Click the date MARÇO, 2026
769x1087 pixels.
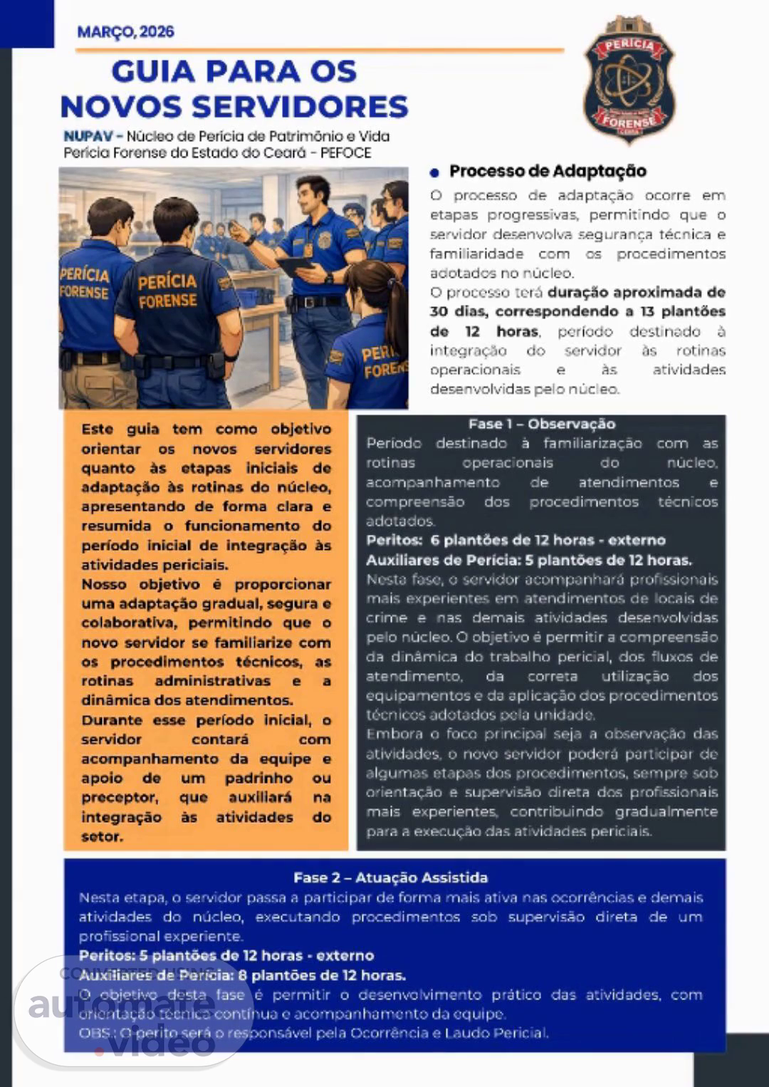click(x=125, y=32)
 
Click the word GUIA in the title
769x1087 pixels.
click(x=152, y=72)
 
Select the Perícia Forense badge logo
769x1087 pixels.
click(x=629, y=80)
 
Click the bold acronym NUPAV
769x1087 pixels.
click(x=84, y=136)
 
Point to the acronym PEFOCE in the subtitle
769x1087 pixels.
click(x=345, y=153)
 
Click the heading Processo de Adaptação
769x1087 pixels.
click(x=548, y=171)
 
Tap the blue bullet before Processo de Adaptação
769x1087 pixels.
click(x=434, y=172)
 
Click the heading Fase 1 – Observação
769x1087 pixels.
click(x=541, y=424)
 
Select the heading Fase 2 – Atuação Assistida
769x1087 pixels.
click(x=390, y=878)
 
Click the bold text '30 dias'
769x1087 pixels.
click(x=459, y=312)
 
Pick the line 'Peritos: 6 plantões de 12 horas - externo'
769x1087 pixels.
click(x=516, y=541)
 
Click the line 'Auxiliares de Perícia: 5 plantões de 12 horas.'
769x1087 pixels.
click(x=528, y=560)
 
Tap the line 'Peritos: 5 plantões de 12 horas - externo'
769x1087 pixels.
click(x=226, y=955)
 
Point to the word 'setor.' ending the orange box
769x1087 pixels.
click(x=102, y=836)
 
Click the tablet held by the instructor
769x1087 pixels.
click(x=295, y=265)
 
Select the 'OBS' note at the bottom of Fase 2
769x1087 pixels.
click(x=313, y=1033)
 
